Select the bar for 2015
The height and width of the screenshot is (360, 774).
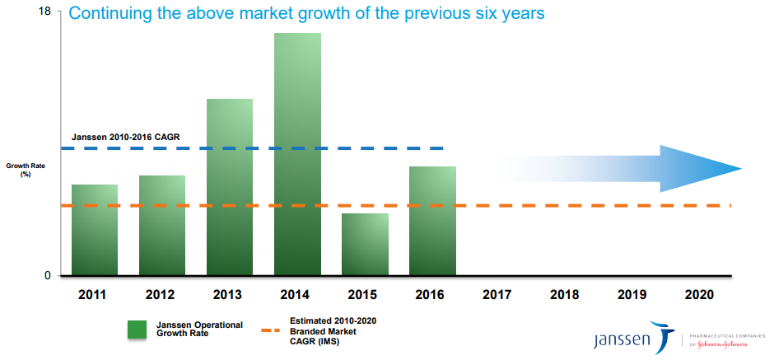pos(365,244)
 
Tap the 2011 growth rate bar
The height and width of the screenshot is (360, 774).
pos(95,230)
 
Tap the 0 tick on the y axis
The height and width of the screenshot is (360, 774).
pos(47,275)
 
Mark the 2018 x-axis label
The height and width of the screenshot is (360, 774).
pos(566,295)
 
